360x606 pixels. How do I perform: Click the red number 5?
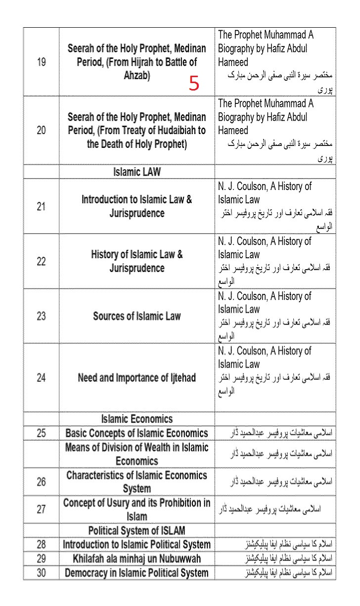tap(194, 84)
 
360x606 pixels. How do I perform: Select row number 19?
tap(42, 63)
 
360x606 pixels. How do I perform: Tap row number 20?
tap(42, 131)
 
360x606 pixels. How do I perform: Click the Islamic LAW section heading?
tap(137, 172)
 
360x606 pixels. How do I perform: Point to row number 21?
tap(42, 206)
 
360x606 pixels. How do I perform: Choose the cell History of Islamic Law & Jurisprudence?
tap(137, 261)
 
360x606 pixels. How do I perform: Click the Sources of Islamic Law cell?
tap(137, 316)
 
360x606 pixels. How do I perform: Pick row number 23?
tap(42, 316)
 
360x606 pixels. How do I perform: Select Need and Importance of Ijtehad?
tap(137, 378)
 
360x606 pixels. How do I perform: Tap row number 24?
tap(42, 378)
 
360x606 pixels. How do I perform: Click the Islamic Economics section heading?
tap(137, 419)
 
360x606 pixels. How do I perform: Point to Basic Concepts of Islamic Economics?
tap(137, 433)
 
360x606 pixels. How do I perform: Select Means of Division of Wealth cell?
tap(137, 454)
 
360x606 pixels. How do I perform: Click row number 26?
tap(42, 481)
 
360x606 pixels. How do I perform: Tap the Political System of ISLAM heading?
tap(137, 531)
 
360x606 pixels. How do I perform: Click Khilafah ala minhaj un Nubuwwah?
tap(137, 559)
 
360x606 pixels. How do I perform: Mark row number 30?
tap(42, 573)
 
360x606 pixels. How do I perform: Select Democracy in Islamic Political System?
tap(137, 573)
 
